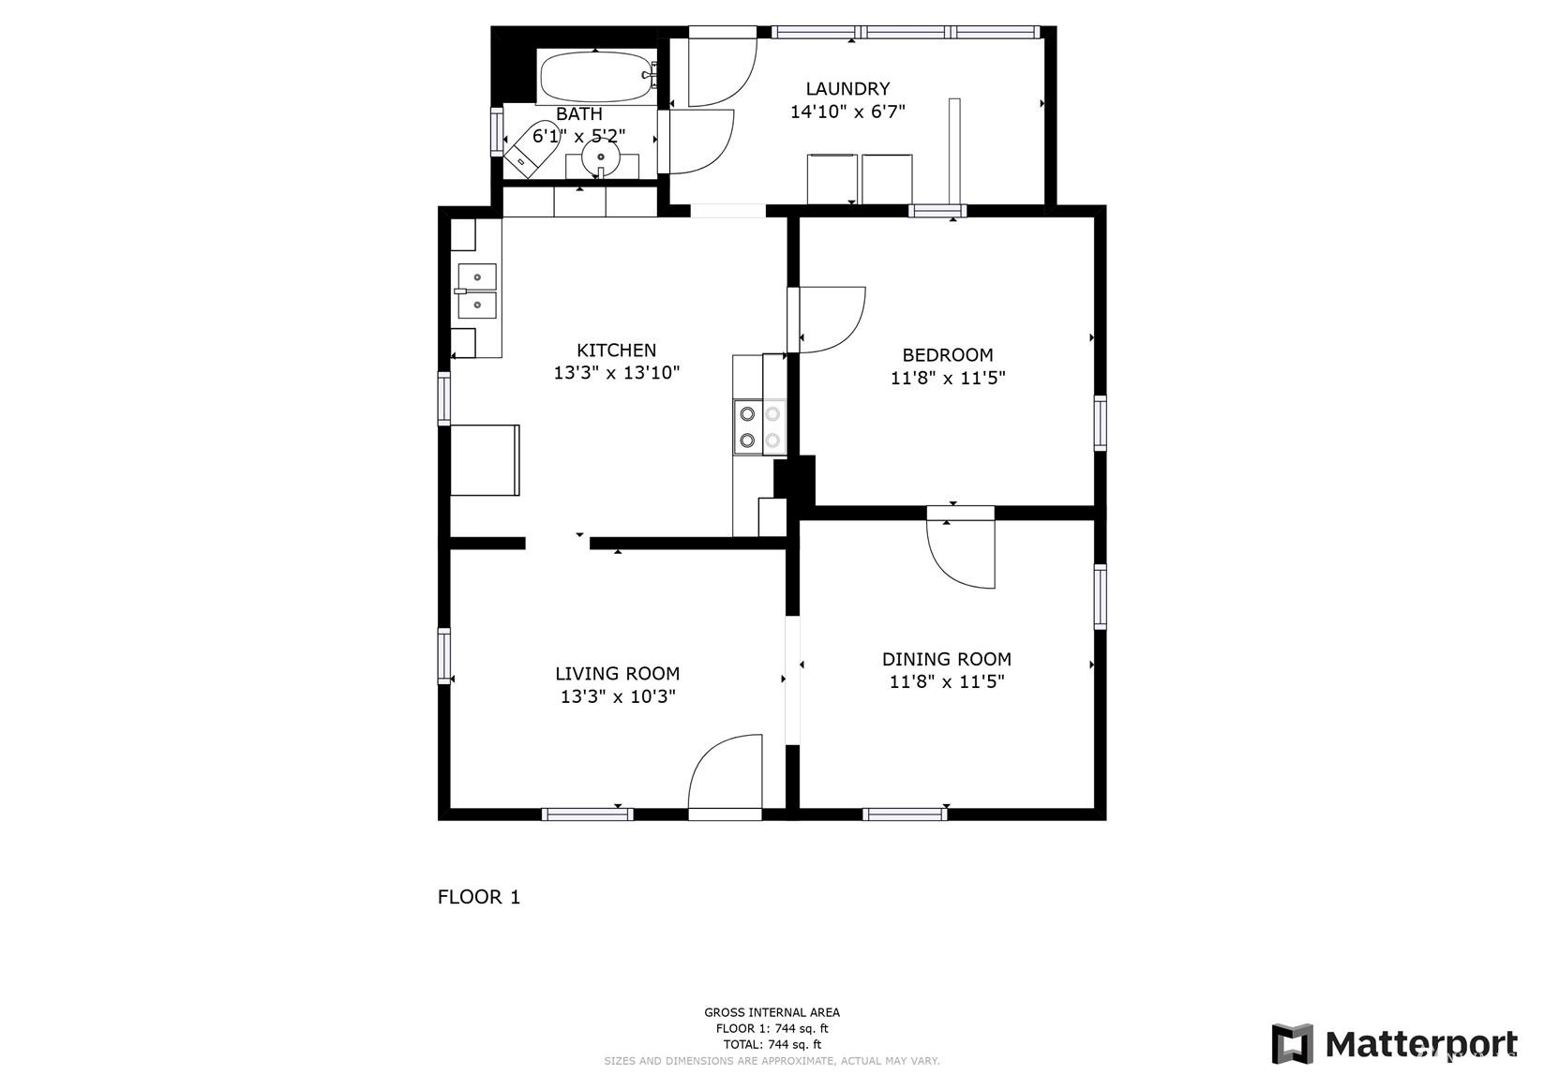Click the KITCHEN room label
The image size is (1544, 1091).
616,351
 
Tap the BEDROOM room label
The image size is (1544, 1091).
948,355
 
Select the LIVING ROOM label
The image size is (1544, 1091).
618,673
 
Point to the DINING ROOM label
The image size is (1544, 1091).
947,659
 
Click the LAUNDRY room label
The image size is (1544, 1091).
847,89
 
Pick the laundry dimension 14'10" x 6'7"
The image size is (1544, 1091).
847,112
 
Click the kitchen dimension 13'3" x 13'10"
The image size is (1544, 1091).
617,373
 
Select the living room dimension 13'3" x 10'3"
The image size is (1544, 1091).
618,696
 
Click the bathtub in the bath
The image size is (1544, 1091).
596,77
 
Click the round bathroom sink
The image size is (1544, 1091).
601,157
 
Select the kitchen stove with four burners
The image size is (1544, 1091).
759,427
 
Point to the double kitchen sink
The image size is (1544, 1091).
477,291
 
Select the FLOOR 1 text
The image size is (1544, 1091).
479,897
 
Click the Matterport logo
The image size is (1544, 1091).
1395,1044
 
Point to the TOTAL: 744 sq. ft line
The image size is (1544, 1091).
772,1044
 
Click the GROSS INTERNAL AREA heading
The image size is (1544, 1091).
772,1012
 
